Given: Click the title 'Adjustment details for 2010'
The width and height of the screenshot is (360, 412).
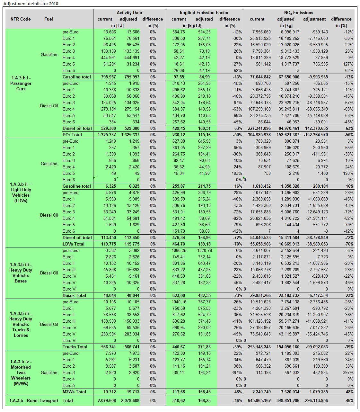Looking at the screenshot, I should click(x=31, y=4).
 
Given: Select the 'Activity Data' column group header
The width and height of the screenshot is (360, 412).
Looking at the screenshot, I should click(x=129, y=13).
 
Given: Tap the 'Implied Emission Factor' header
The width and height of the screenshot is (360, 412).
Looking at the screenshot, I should click(x=204, y=13).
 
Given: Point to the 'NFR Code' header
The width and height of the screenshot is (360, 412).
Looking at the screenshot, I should click(x=21, y=19).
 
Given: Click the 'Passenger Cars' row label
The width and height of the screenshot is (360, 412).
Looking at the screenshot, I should click(x=21, y=84).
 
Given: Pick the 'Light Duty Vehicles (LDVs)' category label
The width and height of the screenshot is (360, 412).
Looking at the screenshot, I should click(x=21, y=193).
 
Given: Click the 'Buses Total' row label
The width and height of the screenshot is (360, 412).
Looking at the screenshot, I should click(x=74, y=296).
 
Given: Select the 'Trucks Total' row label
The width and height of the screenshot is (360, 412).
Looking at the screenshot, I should click(x=75, y=347).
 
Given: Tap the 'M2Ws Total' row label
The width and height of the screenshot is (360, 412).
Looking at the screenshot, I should click(x=74, y=392).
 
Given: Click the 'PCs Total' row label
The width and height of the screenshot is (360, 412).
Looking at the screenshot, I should click(x=72, y=135).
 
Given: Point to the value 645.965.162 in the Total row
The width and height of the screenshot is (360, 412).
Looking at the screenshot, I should click(x=259, y=401).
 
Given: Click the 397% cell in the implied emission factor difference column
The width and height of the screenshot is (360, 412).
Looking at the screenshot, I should click(x=236, y=373).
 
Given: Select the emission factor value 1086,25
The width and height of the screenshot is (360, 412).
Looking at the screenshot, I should click(x=179, y=251).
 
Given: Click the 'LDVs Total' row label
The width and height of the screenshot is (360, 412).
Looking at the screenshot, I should click(x=74, y=244).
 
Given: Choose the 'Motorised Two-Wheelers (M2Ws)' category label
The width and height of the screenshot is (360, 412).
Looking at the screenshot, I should click(x=21, y=373).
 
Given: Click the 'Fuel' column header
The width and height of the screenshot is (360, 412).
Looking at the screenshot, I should click(x=49, y=19).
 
